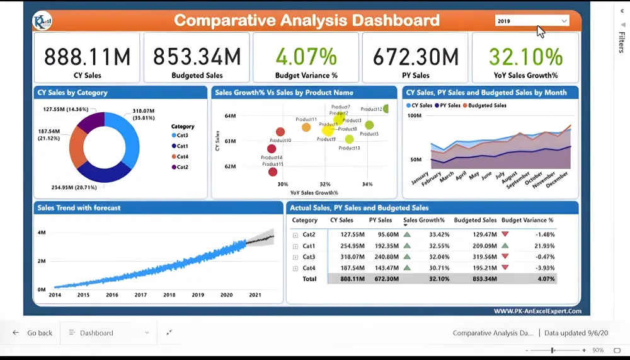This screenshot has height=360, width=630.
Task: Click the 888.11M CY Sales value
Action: click(x=87, y=57)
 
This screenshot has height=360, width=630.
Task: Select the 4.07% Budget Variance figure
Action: click(x=306, y=57)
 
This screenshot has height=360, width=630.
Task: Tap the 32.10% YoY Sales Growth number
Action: click(x=525, y=57)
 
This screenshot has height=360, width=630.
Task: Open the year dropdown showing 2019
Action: click(x=532, y=21)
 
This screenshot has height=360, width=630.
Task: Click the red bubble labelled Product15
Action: click(x=273, y=171)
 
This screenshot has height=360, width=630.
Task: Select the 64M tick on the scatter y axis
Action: click(x=230, y=116)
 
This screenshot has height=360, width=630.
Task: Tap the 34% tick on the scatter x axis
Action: click(x=367, y=184)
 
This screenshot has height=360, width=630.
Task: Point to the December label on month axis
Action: click(x=556, y=179)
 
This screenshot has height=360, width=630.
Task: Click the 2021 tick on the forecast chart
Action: click(x=255, y=295)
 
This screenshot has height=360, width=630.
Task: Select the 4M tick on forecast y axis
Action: click(x=42, y=233)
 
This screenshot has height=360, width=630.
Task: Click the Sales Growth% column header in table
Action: click(x=424, y=221)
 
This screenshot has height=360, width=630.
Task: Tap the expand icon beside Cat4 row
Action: click(x=295, y=269)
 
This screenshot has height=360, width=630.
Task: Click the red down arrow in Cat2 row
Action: click(x=505, y=235)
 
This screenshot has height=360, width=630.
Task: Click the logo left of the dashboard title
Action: click(x=42, y=21)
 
